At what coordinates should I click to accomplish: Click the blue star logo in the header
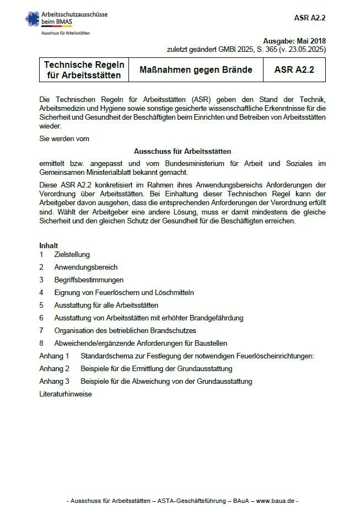(33, 19)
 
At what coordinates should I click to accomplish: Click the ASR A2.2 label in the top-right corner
(310, 18)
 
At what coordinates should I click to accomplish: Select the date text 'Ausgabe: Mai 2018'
(294, 41)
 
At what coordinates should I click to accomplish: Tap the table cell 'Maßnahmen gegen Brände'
(203, 70)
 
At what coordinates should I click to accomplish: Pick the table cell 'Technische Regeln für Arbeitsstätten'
(84, 70)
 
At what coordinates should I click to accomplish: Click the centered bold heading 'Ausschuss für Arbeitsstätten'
(182, 151)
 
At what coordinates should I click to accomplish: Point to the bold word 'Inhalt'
(49, 245)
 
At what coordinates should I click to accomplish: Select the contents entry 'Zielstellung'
(72, 255)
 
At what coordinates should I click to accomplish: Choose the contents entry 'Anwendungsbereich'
(85, 267)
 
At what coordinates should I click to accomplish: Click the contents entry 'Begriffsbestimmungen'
(89, 280)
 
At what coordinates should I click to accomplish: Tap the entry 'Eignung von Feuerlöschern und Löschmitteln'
(124, 293)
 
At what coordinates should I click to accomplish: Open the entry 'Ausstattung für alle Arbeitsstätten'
(106, 306)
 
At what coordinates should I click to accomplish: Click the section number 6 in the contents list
(41, 318)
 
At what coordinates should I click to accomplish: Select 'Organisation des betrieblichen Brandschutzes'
(125, 331)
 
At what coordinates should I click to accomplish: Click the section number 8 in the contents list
(41, 344)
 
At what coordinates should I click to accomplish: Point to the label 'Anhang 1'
(54, 356)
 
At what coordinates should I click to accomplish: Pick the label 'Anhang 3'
(54, 382)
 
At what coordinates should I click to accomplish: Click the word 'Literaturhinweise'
(66, 394)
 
